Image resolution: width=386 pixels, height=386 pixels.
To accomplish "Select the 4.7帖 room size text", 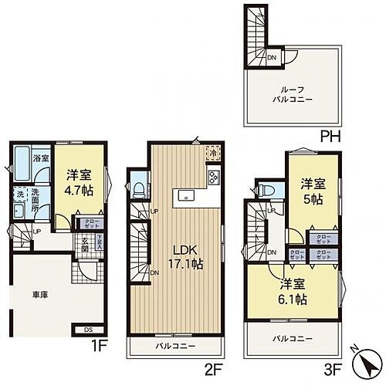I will (x=79, y=189).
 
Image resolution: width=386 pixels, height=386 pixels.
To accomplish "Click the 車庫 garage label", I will (x=39, y=294).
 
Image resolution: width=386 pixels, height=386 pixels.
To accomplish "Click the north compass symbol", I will (x=364, y=360).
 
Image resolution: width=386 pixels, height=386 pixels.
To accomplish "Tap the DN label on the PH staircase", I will (x=271, y=56).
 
